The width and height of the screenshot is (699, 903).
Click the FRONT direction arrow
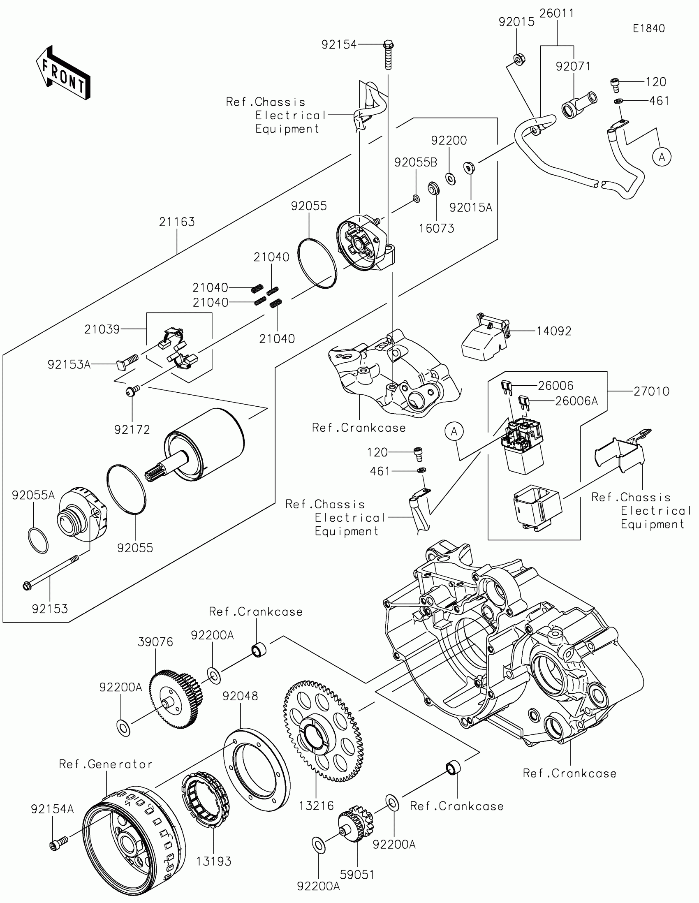point(63,73)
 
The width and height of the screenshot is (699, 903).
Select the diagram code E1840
point(648,28)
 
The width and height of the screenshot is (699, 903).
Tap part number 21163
point(177,222)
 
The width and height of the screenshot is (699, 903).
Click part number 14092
point(554,331)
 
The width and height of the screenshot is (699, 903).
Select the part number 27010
point(651,391)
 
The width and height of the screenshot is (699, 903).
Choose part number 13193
point(214,861)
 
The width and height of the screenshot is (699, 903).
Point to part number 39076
point(155,642)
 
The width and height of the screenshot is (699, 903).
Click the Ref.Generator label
point(106,764)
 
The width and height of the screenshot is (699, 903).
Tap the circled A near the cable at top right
point(662,157)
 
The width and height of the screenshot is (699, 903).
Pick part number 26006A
point(576,401)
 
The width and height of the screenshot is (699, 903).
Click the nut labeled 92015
point(519,60)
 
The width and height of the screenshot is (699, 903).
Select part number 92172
point(132,430)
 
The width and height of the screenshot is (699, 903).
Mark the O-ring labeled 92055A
point(38,540)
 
